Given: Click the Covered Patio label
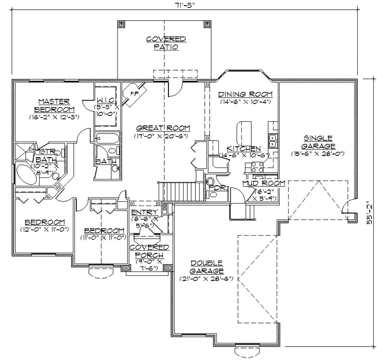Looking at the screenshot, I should click(165, 43).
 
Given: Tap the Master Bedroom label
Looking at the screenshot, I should click(54, 105).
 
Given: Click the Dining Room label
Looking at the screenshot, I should click(245, 94).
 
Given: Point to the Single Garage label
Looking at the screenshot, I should click(318, 142).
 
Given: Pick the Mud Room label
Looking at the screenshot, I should click(264, 183).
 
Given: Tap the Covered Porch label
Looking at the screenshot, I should click(149, 251).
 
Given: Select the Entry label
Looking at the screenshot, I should click(141, 212).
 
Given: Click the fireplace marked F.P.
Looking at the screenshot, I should click(133, 95).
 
